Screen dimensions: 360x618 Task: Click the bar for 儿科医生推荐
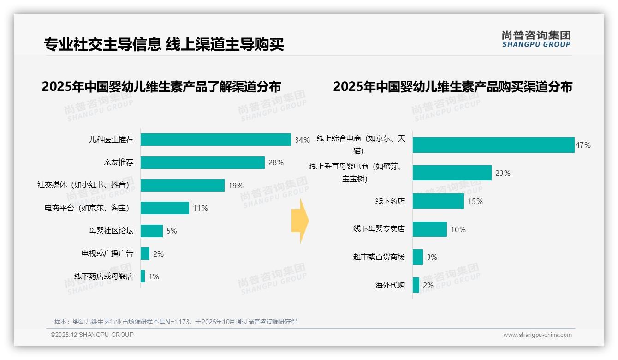(x=215, y=140)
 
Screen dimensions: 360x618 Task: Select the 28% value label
(x=276, y=163)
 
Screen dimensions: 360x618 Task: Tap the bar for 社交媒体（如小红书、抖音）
(x=182, y=186)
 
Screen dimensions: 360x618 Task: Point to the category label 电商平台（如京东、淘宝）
(x=87, y=208)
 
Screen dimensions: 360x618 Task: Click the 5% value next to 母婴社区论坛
(x=172, y=231)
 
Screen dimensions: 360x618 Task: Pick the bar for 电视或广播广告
(x=145, y=253)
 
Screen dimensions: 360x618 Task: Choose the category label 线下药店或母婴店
(x=103, y=276)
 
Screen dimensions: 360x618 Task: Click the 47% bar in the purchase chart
(x=493, y=145)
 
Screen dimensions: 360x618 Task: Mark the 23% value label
(x=503, y=174)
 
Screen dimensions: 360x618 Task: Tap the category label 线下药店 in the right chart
(x=390, y=201)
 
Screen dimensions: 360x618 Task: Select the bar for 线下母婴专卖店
(x=430, y=229)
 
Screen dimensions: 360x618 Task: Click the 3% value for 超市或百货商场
(x=432, y=258)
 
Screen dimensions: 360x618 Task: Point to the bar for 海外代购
(x=416, y=285)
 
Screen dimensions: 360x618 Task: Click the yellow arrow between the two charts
(x=300, y=221)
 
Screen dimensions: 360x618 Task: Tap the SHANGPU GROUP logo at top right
(x=536, y=39)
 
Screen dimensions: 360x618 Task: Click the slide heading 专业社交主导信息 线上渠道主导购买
(x=163, y=44)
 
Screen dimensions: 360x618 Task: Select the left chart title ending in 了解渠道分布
(x=161, y=87)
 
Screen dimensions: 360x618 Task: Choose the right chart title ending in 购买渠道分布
(x=452, y=87)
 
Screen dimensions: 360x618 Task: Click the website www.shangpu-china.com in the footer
(x=537, y=335)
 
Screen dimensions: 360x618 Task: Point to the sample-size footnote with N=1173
(x=176, y=322)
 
